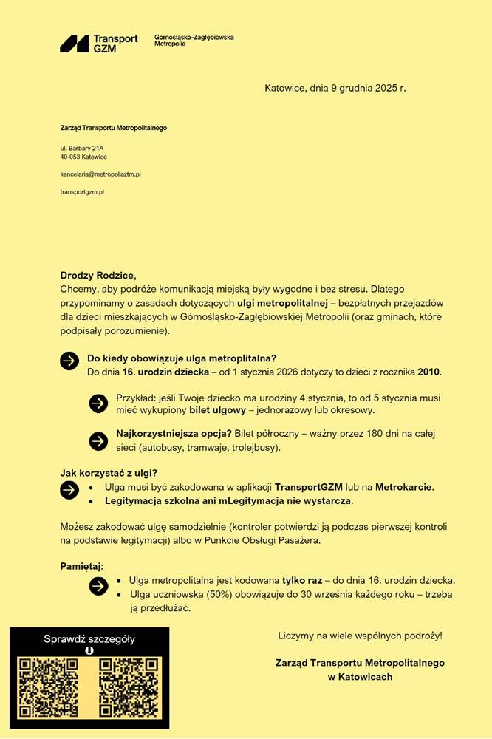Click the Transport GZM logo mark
click(x=75, y=44)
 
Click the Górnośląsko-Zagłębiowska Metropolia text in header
click(x=194, y=40)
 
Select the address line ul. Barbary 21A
click(x=82, y=148)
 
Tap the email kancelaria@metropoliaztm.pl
click(x=100, y=174)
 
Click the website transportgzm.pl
click(x=82, y=191)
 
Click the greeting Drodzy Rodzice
click(x=98, y=275)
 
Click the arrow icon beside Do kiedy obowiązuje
click(x=69, y=360)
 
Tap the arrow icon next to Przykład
click(x=98, y=403)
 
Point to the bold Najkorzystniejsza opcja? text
click(x=174, y=434)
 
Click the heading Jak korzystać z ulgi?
click(x=109, y=473)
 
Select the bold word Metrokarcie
click(x=403, y=487)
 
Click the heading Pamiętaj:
click(x=82, y=566)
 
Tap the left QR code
click(x=49, y=687)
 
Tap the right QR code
click(x=129, y=687)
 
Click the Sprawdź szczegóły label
click(x=89, y=639)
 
